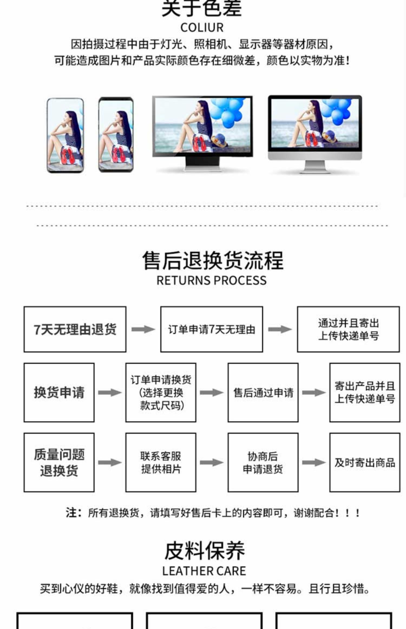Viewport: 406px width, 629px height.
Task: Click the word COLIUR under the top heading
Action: [x=202, y=28]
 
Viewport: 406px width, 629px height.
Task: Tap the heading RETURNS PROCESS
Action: [x=211, y=280]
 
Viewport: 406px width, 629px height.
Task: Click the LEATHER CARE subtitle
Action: [x=204, y=571]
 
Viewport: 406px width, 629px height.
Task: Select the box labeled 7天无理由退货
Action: [x=75, y=329]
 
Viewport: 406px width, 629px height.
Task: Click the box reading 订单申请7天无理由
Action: [x=211, y=329]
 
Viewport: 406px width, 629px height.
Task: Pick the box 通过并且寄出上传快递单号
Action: [x=348, y=329]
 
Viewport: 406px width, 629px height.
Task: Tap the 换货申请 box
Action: [x=59, y=393]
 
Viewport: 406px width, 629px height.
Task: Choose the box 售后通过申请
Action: [x=263, y=393]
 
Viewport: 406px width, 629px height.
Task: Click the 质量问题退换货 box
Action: [x=59, y=462]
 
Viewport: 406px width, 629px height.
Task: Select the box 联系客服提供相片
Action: [x=161, y=462]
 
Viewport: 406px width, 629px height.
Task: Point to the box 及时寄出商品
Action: [x=365, y=462]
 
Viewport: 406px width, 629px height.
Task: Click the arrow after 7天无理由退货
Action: [x=143, y=329]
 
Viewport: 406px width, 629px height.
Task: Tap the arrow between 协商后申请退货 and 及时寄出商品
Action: [x=314, y=462]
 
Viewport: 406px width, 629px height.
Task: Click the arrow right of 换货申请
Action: [x=110, y=393]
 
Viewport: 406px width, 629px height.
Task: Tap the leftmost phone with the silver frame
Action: [x=65, y=135]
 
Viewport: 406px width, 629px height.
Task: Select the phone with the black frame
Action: [x=116, y=135]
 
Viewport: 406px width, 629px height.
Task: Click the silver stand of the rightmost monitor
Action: [x=315, y=166]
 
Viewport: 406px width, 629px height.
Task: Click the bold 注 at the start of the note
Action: [x=71, y=513]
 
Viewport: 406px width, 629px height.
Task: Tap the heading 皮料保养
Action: [x=205, y=551]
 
